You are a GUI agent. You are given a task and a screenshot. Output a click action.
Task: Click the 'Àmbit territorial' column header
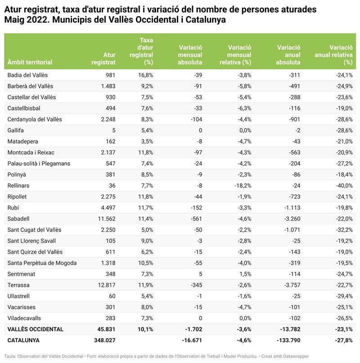point(30,62)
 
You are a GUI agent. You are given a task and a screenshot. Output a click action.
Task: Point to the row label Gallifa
point(17,130)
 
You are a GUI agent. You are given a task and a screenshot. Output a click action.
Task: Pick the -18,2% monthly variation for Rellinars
point(242,186)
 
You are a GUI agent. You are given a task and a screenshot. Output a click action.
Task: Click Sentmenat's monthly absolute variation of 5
point(200,274)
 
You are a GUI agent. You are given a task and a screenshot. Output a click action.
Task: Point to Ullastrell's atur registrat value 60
point(111,296)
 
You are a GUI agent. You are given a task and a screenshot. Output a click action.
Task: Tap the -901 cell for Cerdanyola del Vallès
point(293,119)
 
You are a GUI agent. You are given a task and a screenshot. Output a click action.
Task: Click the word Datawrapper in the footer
point(295,356)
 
